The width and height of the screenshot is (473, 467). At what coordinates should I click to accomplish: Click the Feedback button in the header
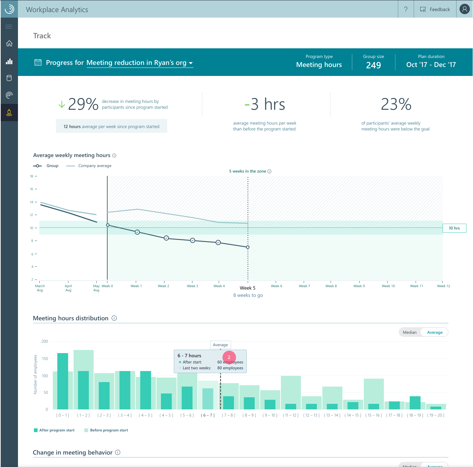point(435,9)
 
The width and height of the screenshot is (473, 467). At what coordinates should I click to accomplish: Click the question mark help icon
point(406,9)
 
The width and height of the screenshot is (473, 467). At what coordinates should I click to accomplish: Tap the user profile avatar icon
point(464,9)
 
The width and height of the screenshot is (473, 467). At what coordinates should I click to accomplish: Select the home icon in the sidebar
point(9,43)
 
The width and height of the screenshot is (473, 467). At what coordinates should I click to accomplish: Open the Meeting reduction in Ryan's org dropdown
point(140,63)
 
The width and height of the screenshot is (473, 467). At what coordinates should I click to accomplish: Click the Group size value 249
point(373,65)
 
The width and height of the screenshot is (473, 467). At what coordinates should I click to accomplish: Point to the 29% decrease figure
point(83,104)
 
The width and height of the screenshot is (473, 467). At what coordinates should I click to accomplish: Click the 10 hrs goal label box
point(454,228)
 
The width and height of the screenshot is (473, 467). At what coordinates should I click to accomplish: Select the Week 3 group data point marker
point(193,241)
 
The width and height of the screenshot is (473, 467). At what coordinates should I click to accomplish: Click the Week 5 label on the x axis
point(248,288)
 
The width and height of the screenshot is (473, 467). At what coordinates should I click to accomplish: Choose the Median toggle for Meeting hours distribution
point(410,332)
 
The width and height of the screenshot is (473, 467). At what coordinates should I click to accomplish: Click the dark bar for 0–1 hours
point(63,381)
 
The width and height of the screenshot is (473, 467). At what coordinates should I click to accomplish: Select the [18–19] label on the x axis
point(415,415)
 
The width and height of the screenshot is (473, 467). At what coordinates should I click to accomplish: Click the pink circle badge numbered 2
point(229,357)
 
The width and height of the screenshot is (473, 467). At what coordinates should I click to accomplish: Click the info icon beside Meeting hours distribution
point(114,318)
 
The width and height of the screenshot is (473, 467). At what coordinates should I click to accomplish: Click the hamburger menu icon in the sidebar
point(9,27)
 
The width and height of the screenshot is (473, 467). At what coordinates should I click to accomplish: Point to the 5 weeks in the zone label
point(248,171)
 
